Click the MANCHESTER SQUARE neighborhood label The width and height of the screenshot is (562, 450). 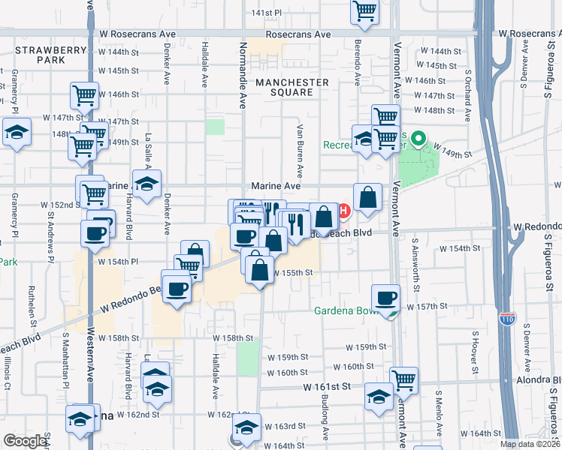[x=292, y=87]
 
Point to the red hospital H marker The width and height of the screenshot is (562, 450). [x=344, y=211]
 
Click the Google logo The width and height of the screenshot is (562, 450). [x=25, y=441]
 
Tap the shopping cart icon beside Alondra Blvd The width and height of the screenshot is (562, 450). [x=404, y=380]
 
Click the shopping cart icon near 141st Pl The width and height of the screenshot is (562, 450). [x=364, y=10]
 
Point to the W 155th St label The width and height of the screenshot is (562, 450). [x=292, y=273]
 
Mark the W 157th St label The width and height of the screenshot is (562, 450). [x=427, y=307]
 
